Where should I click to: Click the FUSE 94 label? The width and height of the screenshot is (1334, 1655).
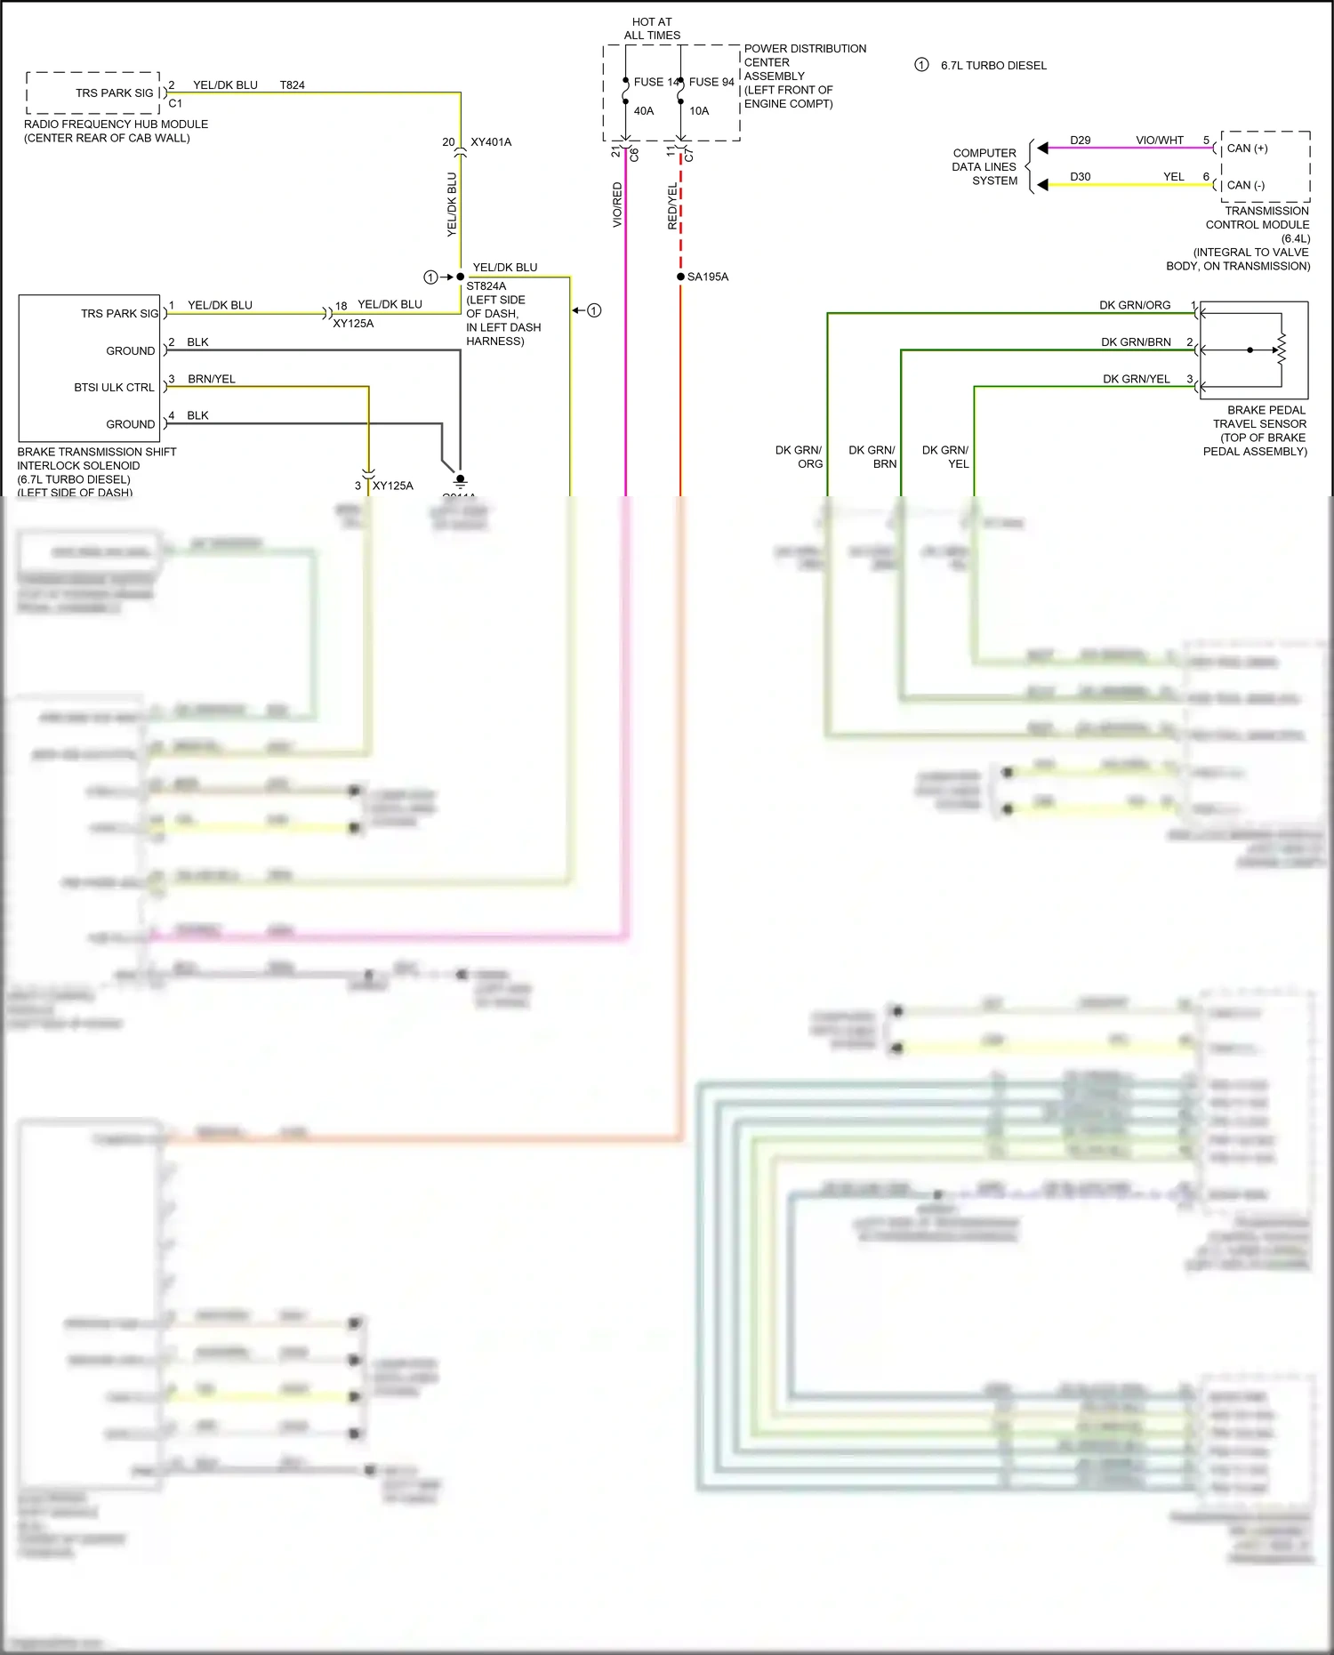click(x=711, y=82)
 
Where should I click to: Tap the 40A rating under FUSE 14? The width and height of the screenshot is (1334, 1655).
click(x=644, y=111)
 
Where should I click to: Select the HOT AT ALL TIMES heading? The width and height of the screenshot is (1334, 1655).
click(x=652, y=28)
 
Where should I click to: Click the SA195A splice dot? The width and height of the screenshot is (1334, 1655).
click(x=680, y=277)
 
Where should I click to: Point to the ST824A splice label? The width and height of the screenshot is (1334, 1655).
click(x=486, y=286)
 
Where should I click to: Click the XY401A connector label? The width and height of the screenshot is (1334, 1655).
click(x=491, y=142)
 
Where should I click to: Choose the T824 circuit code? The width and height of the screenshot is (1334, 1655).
click(x=292, y=85)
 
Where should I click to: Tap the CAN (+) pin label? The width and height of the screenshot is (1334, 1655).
click(x=1247, y=149)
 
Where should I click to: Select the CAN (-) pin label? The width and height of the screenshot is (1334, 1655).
click(x=1245, y=185)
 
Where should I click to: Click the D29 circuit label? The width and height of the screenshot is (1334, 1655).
click(x=1080, y=141)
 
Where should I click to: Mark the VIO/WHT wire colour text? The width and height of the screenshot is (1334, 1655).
click(x=1159, y=141)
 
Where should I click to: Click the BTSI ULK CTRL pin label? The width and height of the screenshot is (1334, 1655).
click(x=114, y=388)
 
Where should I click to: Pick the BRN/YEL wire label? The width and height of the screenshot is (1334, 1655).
click(x=212, y=379)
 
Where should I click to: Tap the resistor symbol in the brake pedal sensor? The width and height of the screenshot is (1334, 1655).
click(x=1282, y=349)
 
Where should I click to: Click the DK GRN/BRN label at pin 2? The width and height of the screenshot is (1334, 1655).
click(x=1136, y=342)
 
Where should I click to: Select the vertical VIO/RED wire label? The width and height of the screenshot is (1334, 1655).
click(x=617, y=205)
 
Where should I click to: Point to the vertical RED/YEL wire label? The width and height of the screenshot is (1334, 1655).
click(x=672, y=206)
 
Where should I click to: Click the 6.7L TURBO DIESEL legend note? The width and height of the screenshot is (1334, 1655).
click(x=993, y=66)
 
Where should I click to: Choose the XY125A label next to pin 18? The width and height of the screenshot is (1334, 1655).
click(x=353, y=324)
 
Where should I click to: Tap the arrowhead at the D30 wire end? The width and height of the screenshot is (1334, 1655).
click(x=1042, y=185)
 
